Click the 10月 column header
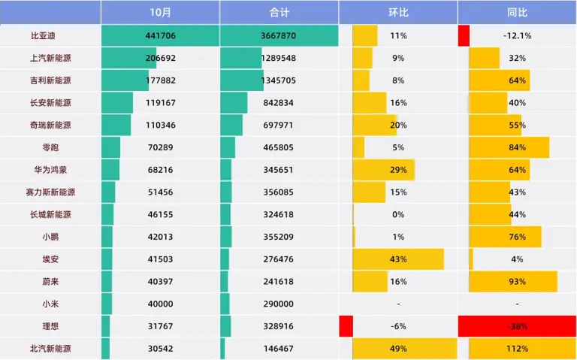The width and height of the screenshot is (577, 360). (160, 13)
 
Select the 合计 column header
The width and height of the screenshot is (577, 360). (279, 13)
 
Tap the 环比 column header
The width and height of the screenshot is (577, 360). (398, 13)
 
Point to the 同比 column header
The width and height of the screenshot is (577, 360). (517, 13)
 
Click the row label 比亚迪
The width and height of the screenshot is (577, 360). (44, 35)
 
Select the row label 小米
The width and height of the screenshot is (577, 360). (51, 304)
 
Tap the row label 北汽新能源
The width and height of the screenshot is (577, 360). (50, 349)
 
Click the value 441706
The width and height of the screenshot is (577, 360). (160, 35)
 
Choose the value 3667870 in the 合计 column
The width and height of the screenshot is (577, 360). (279, 35)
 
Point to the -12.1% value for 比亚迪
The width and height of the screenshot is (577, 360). (517, 35)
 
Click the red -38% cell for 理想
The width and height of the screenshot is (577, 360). (517, 326)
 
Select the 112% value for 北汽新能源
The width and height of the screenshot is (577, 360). (517, 349)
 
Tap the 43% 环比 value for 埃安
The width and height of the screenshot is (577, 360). (398, 259)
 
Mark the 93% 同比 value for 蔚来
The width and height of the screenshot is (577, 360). (517, 281)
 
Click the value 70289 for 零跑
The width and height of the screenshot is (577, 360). (160, 147)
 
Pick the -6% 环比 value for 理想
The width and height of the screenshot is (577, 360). (398, 326)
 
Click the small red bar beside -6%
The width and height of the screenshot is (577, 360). (346, 326)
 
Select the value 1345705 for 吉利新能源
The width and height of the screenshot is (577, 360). (279, 80)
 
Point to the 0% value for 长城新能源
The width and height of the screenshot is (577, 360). (398, 214)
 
